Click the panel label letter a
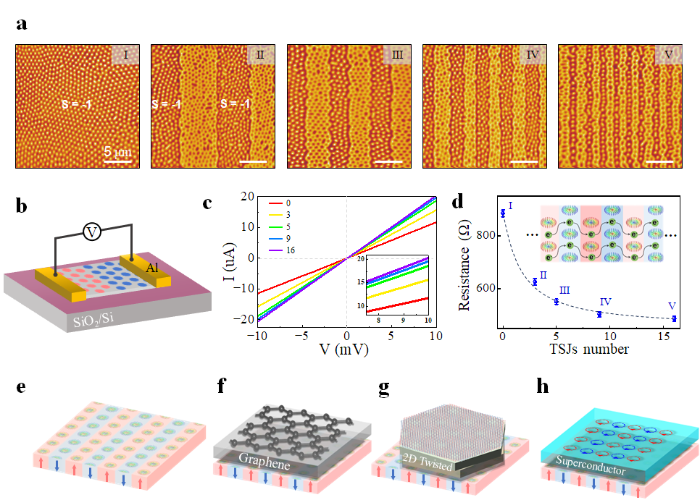click(22, 25)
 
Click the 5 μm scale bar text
click(117, 153)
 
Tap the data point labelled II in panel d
click(535, 281)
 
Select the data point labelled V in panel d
click(675, 318)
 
